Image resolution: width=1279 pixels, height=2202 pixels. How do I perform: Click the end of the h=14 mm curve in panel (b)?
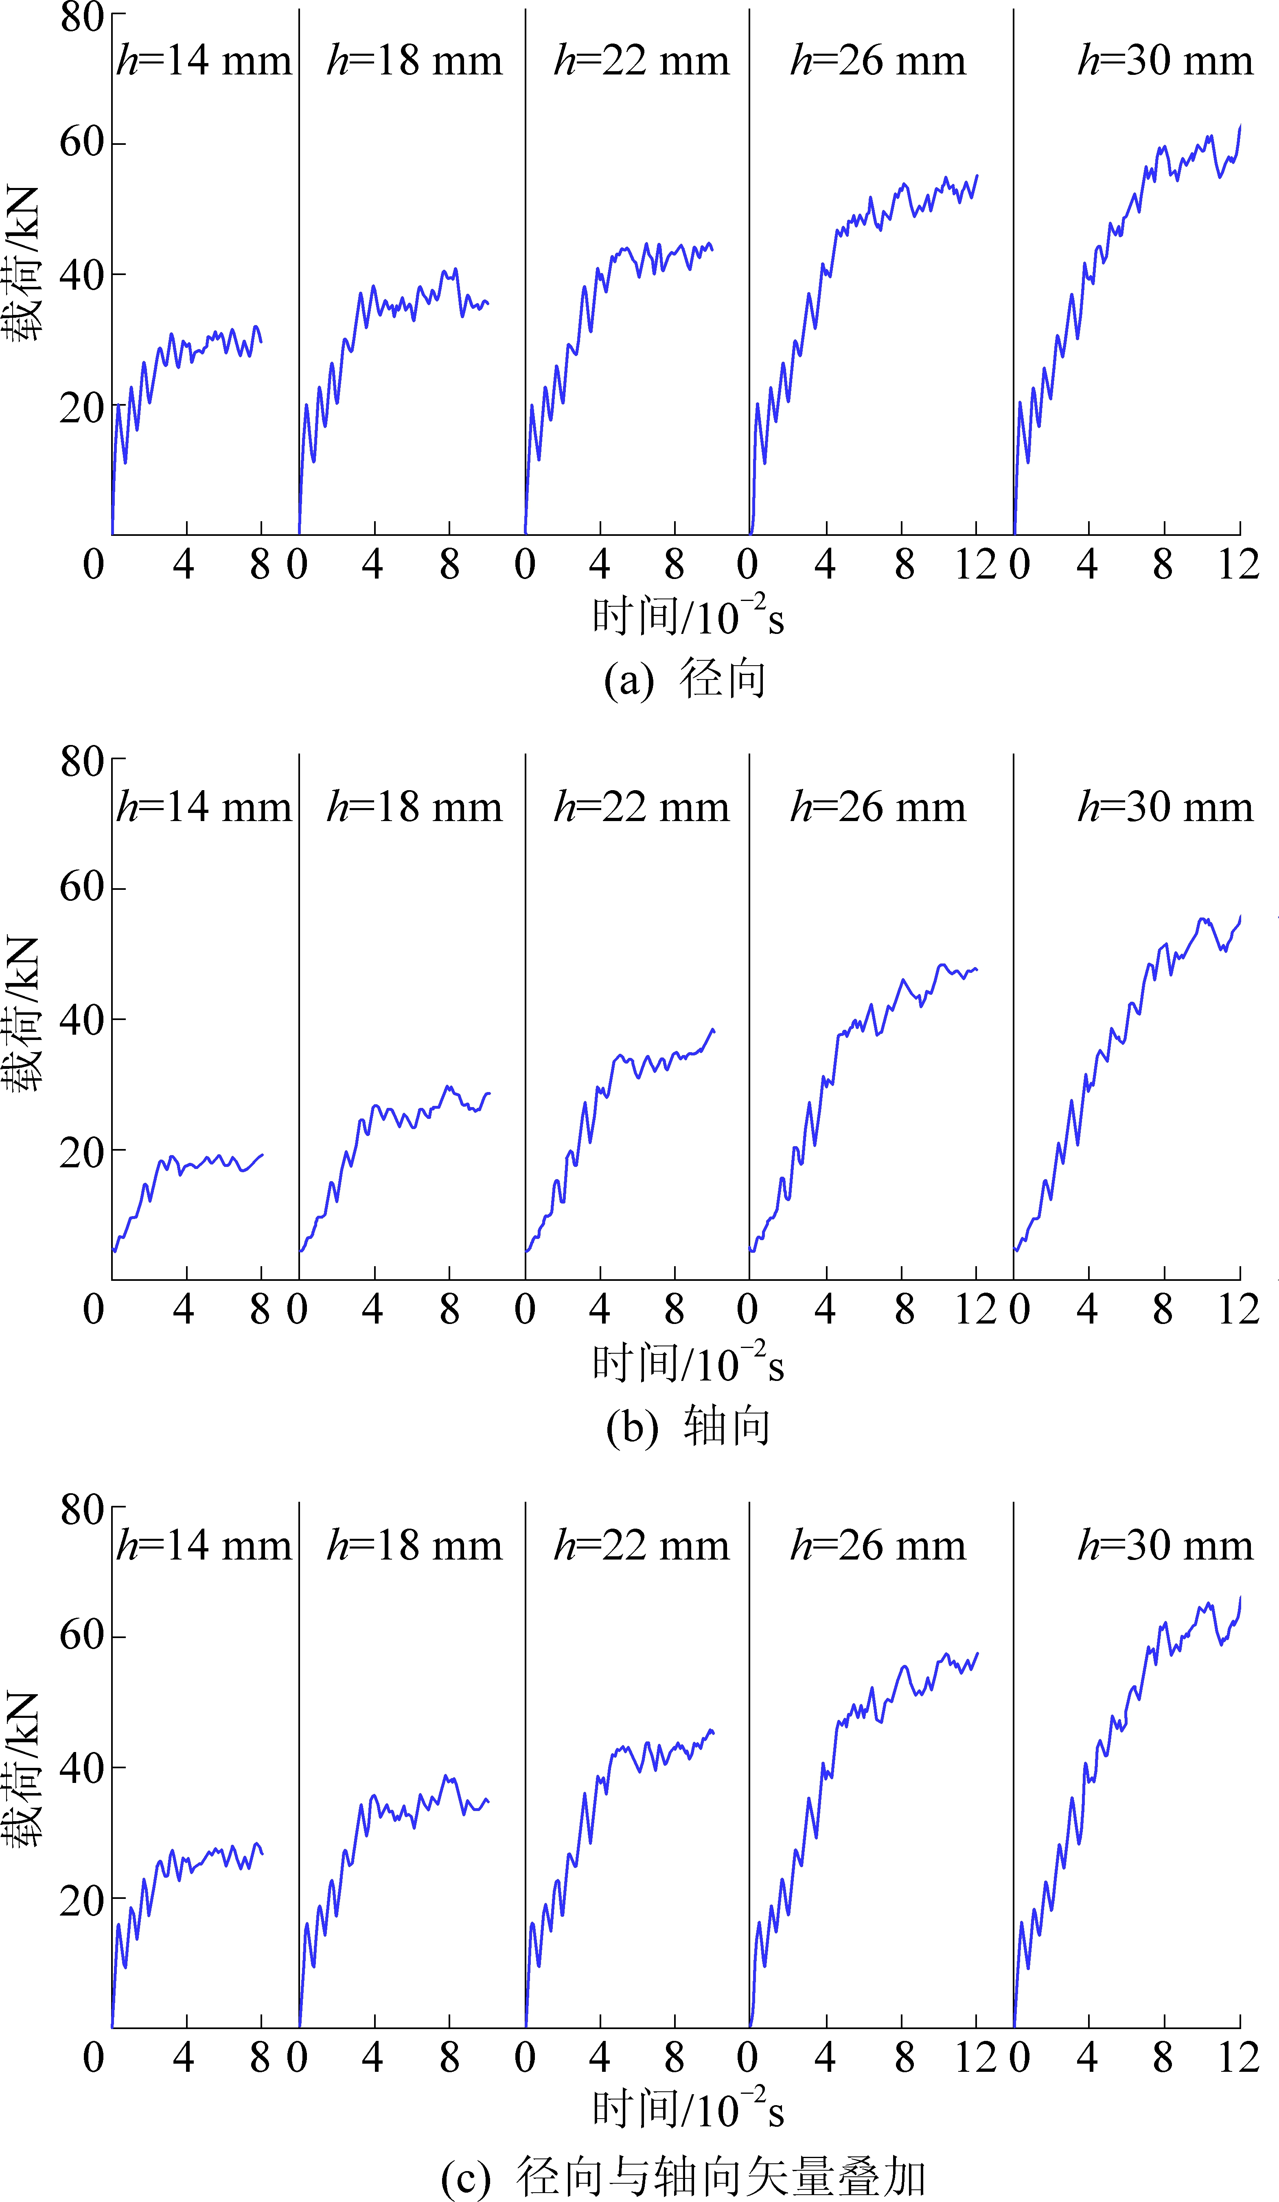point(262,1155)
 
